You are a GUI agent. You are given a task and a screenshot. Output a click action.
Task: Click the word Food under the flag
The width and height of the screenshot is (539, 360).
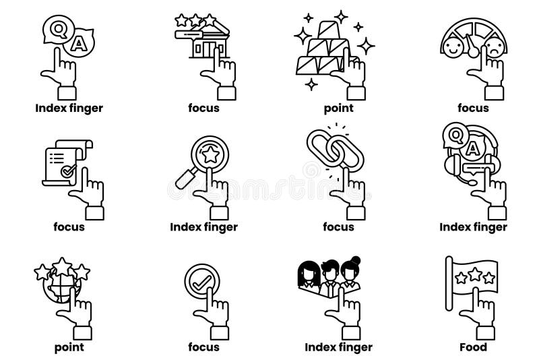coord(473,348)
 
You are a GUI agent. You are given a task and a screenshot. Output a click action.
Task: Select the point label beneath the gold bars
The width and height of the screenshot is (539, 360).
coord(338,108)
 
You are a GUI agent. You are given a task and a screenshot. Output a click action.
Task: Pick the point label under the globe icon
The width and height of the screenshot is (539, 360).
coord(69,348)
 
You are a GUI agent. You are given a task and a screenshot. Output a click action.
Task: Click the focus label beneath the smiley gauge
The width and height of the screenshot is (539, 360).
coord(473,108)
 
